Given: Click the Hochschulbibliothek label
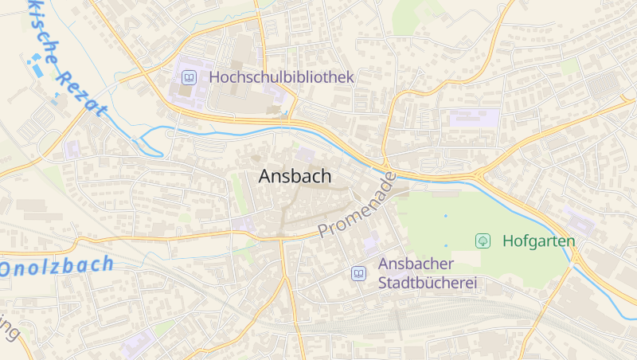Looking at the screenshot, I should coord(281,77).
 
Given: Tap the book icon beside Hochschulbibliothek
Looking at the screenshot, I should coord(190,77).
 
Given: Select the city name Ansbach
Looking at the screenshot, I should coord(295,177).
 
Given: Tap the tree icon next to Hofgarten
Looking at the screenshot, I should coord(483,241).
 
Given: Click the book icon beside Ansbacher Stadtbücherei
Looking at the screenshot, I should coord(359,273).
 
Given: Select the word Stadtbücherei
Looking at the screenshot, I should coord(421,283).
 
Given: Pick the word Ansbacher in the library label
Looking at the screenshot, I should coord(416,264).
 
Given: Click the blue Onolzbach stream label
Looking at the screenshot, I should coord(57,266).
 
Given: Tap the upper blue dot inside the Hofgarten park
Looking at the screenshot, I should coord(445,216).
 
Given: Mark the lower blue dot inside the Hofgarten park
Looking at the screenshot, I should coord(446,245).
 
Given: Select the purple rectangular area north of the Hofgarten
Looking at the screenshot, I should coord(475,119).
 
